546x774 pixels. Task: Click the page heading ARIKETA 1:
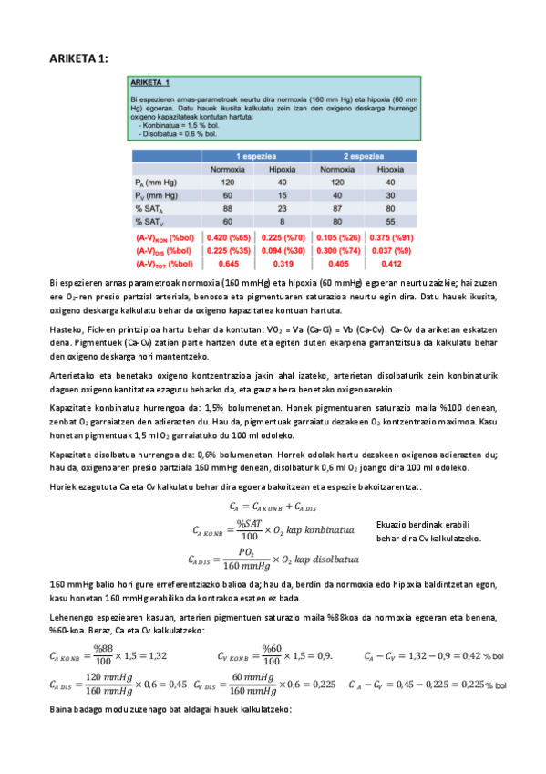click(x=78, y=58)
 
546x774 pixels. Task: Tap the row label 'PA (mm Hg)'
click(x=152, y=183)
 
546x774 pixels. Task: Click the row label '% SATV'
click(x=148, y=222)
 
